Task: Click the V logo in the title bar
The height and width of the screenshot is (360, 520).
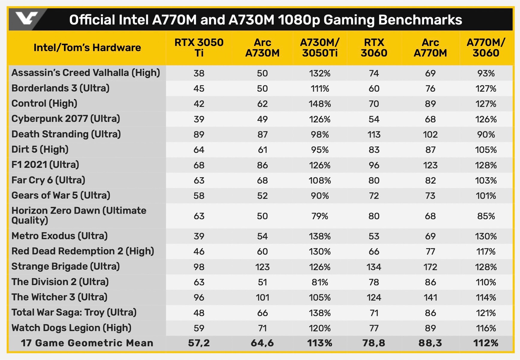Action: tap(26, 19)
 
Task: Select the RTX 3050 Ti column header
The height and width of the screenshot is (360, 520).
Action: tap(199, 48)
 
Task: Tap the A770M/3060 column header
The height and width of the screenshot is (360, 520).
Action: tap(486, 48)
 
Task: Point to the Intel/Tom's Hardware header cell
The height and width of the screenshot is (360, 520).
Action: tap(87, 48)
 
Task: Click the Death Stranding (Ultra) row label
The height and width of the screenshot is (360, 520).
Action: tap(66, 134)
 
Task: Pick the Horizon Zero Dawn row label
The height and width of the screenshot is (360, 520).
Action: tap(79, 215)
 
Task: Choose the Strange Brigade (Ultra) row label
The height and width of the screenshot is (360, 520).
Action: tap(65, 266)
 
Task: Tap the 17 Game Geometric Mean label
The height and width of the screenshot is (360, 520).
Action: tap(87, 343)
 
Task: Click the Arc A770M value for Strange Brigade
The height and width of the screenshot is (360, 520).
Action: tap(430, 267)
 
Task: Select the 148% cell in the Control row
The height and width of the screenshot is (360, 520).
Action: tap(319, 104)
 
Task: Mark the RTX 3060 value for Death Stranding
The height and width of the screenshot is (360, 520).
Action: tap(374, 134)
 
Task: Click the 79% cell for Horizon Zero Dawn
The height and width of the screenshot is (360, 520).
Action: tap(319, 216)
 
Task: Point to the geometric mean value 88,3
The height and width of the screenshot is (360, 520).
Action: tap(430, 343)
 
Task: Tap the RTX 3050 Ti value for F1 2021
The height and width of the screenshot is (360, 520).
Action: tap(199, 165)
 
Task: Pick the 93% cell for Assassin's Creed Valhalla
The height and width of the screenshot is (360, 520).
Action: tap(486, 73)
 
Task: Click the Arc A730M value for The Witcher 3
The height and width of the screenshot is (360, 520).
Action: tap(262, 298)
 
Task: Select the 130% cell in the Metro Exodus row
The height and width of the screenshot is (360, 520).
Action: tap(486, 236)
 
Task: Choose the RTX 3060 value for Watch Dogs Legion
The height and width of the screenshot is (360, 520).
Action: tap(374, 328)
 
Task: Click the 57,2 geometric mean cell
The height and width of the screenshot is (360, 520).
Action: tap(199, 343)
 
